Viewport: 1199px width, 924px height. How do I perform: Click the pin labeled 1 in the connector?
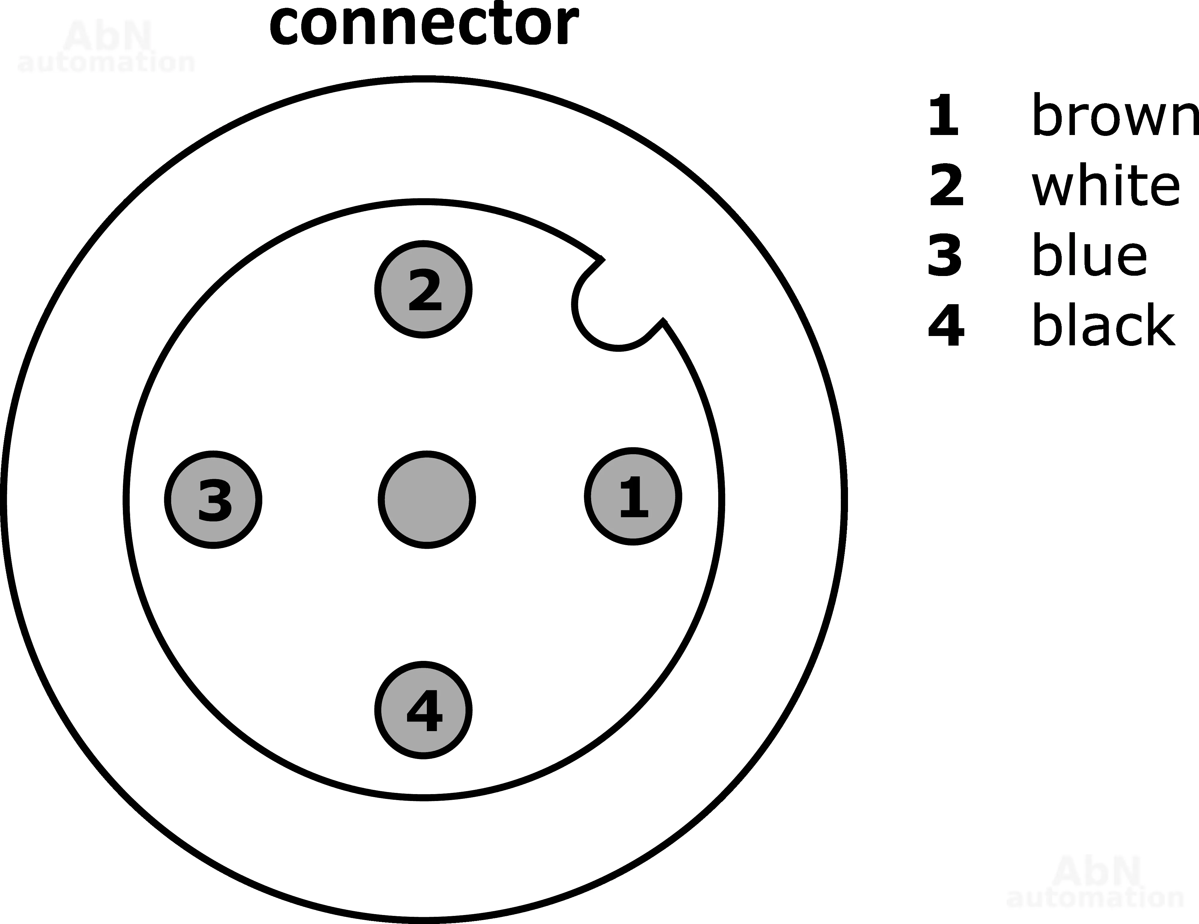tap(633, 496)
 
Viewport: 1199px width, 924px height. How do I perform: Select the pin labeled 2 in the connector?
tap(423, 289)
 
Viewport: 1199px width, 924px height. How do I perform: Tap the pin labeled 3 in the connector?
tap(213, 499)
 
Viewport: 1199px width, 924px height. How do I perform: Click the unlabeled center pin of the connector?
tap(427, 499)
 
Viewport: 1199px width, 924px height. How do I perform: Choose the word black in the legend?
tap(1103, 325)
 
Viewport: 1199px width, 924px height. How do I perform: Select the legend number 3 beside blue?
tap(944, 255)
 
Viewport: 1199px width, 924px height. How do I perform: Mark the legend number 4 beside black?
tap(945, 325)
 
